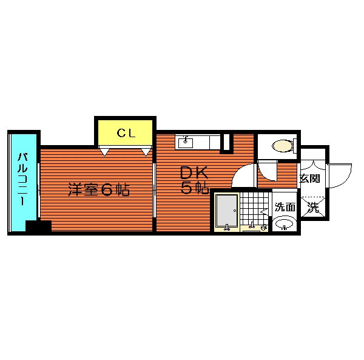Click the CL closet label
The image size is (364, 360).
[126, 133]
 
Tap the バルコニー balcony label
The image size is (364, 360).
[23, 179]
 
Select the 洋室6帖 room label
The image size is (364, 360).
[99, 189]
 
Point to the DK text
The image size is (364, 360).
[194, 173]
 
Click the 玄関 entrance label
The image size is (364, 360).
[309, 178]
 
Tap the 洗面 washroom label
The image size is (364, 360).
[285, 207]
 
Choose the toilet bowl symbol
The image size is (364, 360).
[283, 146]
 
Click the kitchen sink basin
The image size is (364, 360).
[185, 143]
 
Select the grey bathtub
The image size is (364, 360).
[226, 211]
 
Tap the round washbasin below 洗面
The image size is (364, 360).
[284, 223]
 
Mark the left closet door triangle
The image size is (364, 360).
[104, 152]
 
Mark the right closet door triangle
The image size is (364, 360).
[146, 152]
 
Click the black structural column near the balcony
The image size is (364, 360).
[38, 226]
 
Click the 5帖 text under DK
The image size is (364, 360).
[194, 188]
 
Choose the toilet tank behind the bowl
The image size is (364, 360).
[295, 146]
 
